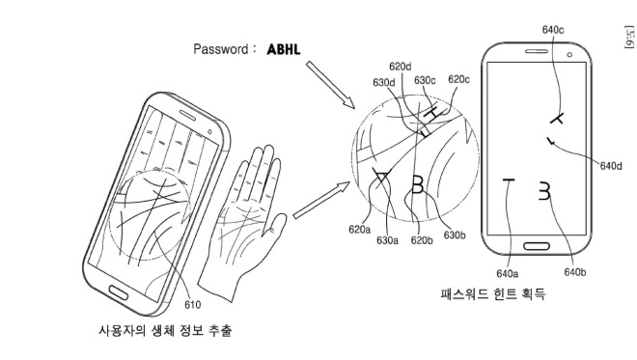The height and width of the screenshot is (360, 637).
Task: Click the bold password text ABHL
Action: pyautogui.click(x=284, y=49)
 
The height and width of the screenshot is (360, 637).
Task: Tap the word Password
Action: pyautogui.click(x=220, y=49)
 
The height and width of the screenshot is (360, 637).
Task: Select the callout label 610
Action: pyautogui.click(x=192, y=305)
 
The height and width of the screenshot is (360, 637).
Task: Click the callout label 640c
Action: pyautogui.click(x=552, y=30)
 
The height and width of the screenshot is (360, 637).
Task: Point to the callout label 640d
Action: pyautogui.click(x=611, y=166)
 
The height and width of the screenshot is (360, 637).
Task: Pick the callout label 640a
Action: pyautogui.click(x=507, y=274)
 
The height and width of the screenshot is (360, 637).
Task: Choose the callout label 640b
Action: pyautogui.click(x=575, y=272)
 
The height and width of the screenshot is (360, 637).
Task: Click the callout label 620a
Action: pyautogui.click(x=360, y=230)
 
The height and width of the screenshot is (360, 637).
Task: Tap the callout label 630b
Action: pyautogui.click(x=455, y=235)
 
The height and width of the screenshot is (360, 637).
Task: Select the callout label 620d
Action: pyautogui.click(x=401, y=67)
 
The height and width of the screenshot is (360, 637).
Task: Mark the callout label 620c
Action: pyautogui.click(x=458, y=79)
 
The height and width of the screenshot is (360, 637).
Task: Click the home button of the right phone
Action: pyautogui.click(x=537, y=246)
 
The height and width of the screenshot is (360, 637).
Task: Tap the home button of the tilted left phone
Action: pyautogui.click(x=118, y=292)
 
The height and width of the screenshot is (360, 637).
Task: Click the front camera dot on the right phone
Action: pyautogui.click(x=569, y=54)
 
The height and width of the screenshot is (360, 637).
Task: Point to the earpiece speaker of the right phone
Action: pyautogui.click(x=537, y=51)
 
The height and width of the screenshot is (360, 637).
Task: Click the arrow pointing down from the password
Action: pyautogui.click(x=330, y=85)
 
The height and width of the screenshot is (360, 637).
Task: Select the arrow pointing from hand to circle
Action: pyautogui.click(x=321, y=201)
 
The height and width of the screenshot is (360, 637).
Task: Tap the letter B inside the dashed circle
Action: pyautogui.click(x=417, y=184)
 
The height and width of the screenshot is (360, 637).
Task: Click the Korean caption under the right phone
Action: pyautogui.click(x=493, y=293)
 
